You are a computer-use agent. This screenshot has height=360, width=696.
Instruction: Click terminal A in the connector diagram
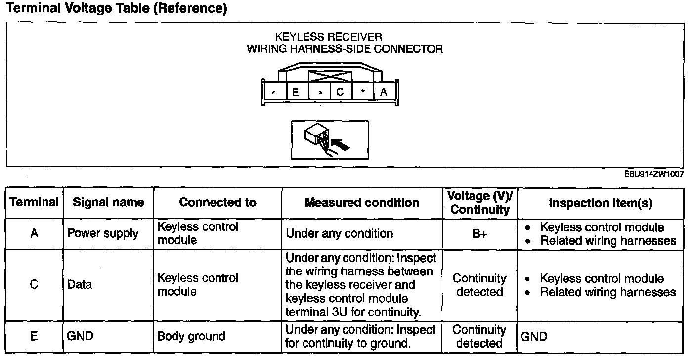[384, 91]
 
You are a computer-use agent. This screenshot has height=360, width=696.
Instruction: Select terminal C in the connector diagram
[340, 91]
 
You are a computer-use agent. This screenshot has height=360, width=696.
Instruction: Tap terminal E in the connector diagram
[296, 92]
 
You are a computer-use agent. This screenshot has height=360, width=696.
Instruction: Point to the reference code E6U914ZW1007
[654, 174]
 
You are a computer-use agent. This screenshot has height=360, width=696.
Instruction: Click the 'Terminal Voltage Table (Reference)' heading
[117, 9]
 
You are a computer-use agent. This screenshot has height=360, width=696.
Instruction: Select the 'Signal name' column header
[108, 202]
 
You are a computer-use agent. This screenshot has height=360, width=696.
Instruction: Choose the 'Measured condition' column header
[362, 202]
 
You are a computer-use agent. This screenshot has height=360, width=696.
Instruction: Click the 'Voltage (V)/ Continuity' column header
[479, 202]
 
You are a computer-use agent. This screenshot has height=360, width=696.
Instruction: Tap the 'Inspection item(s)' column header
[601, 203]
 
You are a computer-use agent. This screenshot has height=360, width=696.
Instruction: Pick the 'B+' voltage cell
[479, 234]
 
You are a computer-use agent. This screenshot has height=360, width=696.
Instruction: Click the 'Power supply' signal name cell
[103, 234]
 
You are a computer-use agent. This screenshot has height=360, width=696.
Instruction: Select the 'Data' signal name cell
[80, 285]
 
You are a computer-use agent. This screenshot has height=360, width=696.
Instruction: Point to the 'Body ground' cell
[191, 336]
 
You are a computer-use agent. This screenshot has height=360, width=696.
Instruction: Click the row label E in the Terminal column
[34, 336]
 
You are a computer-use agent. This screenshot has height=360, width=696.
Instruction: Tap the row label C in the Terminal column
[34, 285]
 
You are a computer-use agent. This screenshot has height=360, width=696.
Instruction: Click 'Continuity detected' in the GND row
[479, 336]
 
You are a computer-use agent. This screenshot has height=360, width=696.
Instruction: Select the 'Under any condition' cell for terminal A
[340, 234]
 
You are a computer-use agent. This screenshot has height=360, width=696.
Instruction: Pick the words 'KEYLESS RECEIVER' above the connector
[328, 37]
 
